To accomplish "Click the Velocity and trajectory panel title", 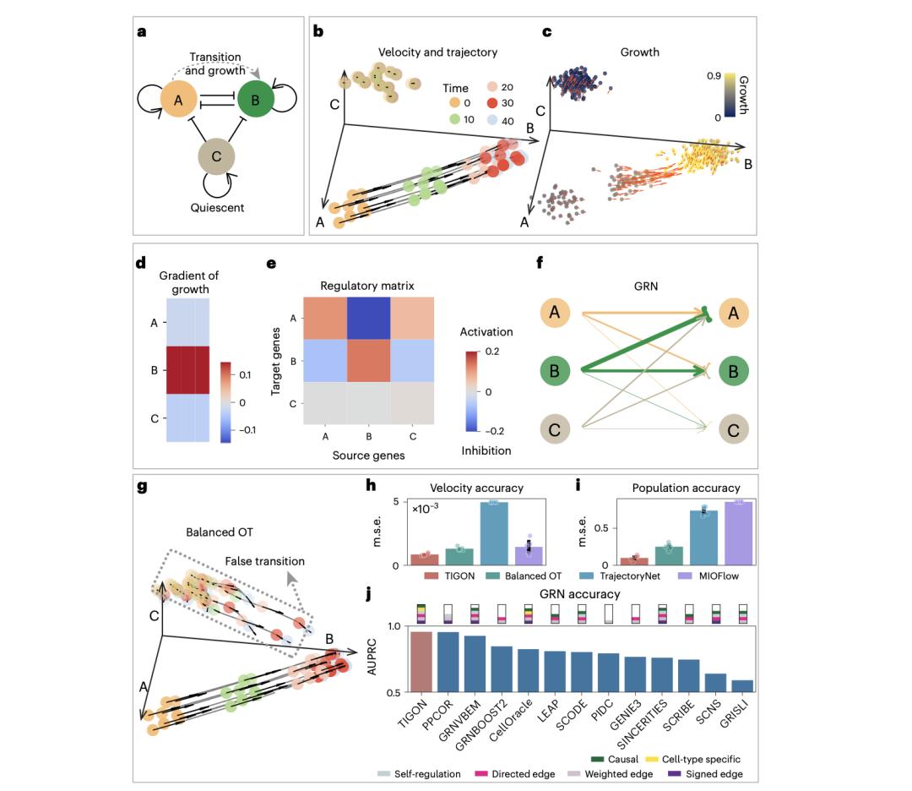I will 427,52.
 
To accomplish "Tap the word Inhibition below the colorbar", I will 486,450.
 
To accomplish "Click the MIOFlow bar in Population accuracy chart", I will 733,533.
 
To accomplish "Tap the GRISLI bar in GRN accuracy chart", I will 741,686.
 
